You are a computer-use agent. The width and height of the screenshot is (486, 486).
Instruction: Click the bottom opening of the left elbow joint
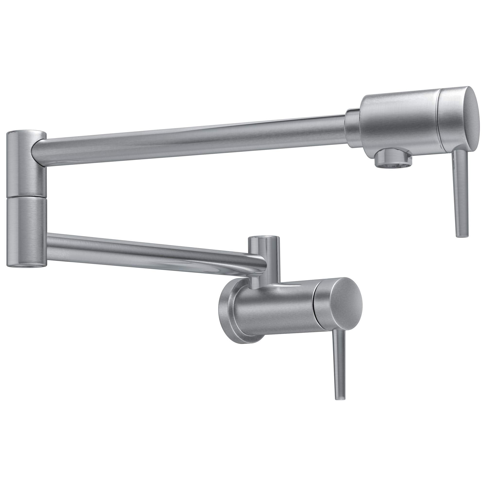[26, 267]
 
